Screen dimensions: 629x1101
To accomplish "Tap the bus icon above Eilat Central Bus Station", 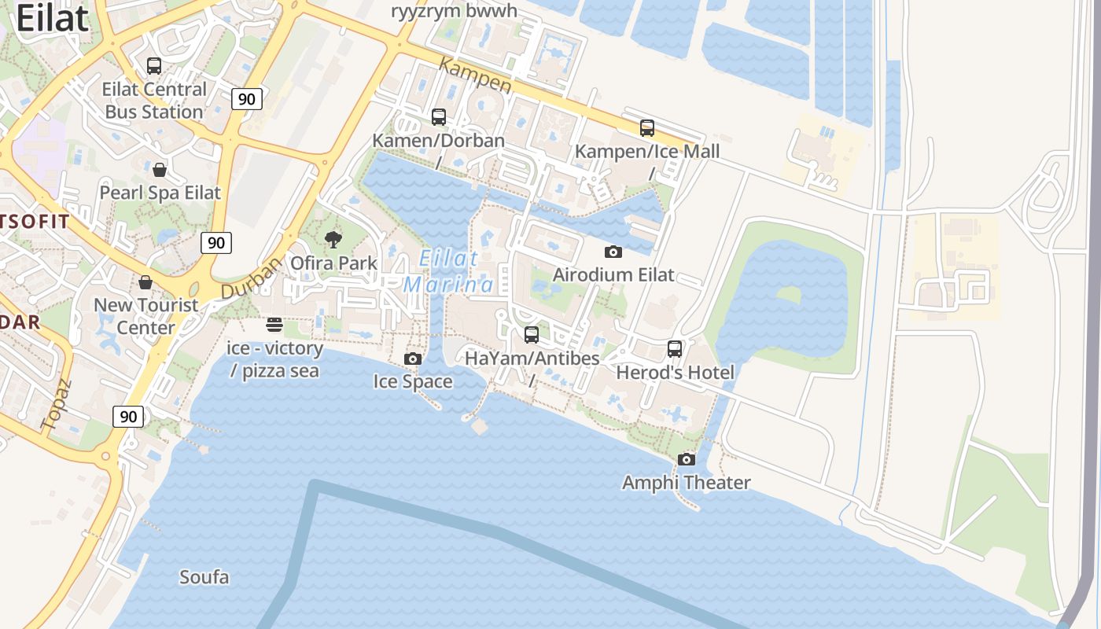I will coord(154,66).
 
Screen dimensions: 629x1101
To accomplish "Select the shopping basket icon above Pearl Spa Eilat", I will coord(160,170).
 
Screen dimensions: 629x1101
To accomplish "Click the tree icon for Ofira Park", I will coord(333,240).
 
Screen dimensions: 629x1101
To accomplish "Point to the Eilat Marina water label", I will coord(448,271).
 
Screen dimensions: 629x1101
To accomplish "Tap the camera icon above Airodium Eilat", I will coord(613,252).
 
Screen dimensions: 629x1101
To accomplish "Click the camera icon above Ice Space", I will coord(412,359).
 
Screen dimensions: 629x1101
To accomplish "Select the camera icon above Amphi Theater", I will coord(687,459).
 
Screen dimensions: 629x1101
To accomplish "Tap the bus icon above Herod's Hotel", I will coord(675,349).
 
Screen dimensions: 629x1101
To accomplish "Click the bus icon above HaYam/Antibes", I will coord(532,335).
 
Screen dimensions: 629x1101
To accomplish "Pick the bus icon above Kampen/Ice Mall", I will coord(647,127).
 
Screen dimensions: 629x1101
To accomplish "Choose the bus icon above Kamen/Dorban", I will coord(439,117).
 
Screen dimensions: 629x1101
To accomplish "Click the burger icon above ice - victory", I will coord(274,325).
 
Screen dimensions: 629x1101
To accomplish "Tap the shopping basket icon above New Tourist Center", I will coord(145,281).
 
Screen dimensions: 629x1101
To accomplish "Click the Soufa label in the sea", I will coord(204,577).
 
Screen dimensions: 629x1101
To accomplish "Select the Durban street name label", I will coord(251,278).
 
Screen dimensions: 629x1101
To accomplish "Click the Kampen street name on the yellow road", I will coord(475,76).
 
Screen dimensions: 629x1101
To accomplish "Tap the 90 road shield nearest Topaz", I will coord(129,417).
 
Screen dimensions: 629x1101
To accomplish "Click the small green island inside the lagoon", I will coord(788,296).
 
